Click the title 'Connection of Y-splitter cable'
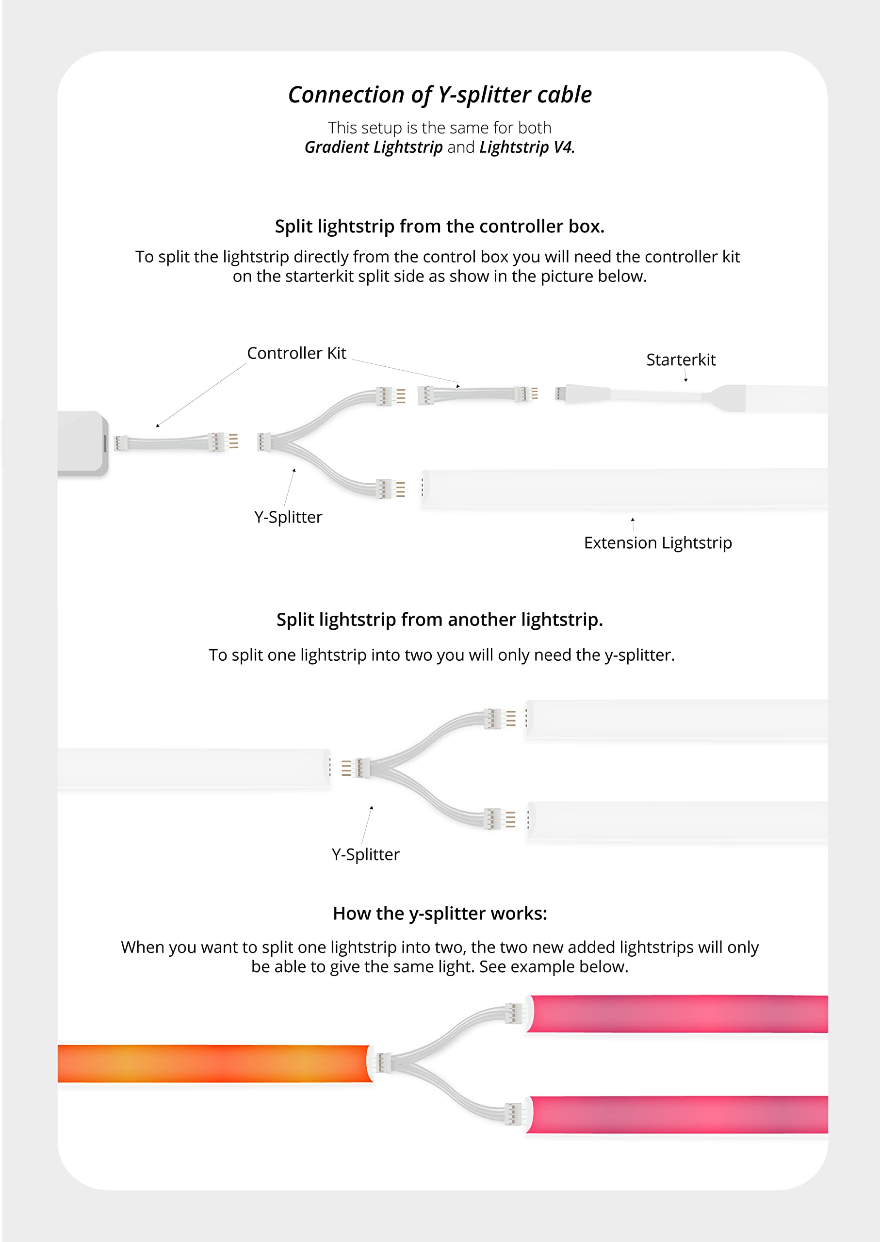tap(440, 95)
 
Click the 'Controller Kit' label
tap(296, 353)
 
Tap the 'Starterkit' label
tap(681, 360)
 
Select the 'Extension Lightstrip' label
tap(658, 543)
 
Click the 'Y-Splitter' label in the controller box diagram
tap(288, 517)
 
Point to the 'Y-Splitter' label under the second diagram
tap(365, 854)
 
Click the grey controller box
tap(81, 443)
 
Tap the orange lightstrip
tap(214, 1064)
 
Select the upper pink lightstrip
tap(677, 1013)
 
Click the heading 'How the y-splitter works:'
tap(440, 914)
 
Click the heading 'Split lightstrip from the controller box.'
tap(440, 227)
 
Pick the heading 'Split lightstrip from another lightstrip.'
tap(440, 620)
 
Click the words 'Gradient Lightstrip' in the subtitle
tap(374, 147)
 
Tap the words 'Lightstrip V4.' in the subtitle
tap(527, 147)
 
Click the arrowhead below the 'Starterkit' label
tap(686, 380)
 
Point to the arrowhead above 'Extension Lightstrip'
tap(633, 520)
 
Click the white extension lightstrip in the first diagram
tap(623, 488)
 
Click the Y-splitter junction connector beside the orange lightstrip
tap(383, 1062)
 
